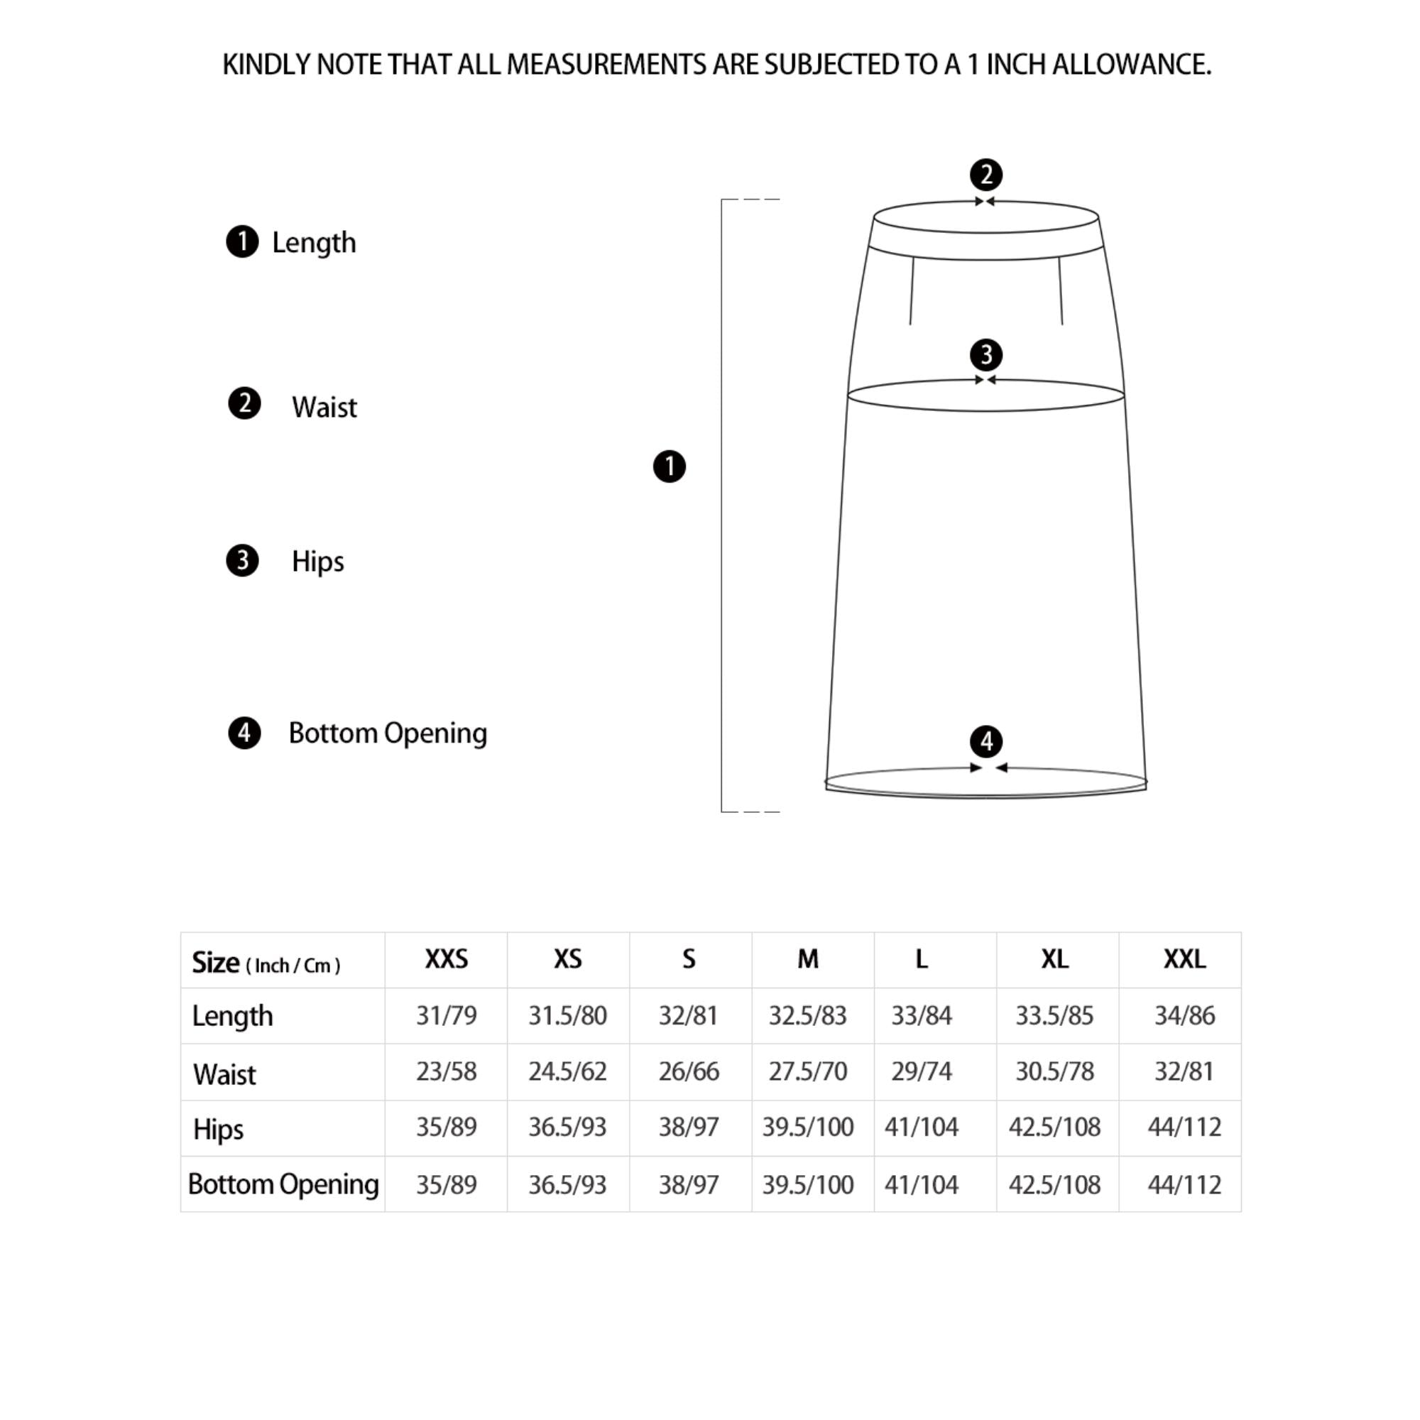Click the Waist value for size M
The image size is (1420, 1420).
click(x=807, y=1071)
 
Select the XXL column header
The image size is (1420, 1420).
click(x=1184, y=959)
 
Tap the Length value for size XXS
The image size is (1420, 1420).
click(x=446, y=1015)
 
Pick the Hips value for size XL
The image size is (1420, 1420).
click(x=1054, y=1127)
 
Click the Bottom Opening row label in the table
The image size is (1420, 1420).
click(x=283, y=1184)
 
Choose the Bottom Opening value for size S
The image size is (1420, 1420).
click(x=688, y=1184)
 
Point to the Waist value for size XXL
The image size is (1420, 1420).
click(x=1184, y=1071)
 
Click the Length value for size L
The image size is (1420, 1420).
click(x=921, y=1015)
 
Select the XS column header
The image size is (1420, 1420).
click(x=567, y=959)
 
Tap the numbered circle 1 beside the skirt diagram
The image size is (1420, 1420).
click(x=669, y=466)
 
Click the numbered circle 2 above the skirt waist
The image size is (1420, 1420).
click(x=985, y=175)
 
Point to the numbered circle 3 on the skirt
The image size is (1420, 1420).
click(x=985, y=355)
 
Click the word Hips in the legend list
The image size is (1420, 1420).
click(x=317, y=562)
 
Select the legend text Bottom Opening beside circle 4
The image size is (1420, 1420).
click(x=388, y=733)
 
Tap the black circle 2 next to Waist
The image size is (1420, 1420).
click(x=244, y=403)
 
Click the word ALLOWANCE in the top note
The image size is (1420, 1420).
click(x=1131, y=65)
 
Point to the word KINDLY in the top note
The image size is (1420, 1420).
click(x=266, y=65)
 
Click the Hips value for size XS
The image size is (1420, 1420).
click(x=567, y=1127)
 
